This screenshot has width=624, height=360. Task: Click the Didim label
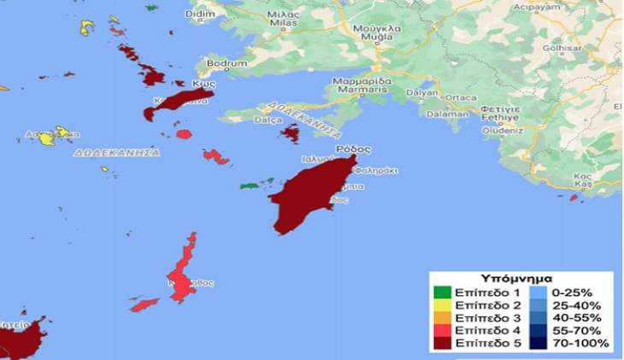(197, 16)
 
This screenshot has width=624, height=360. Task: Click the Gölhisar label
(584, 50)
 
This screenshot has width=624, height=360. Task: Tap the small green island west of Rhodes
(251, 184)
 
